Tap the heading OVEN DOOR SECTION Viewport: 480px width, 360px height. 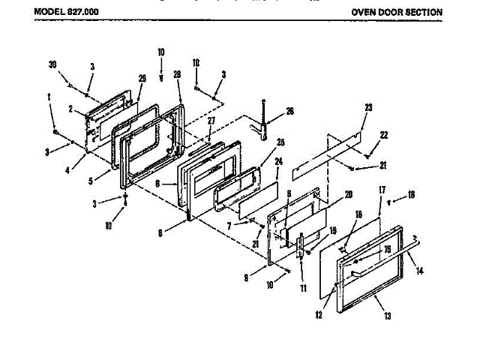(x=396, y=13)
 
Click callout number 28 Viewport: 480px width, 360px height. (x=178, y=75)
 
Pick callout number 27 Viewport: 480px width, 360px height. (x=211, y=121)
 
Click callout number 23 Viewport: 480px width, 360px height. (x=367, y=108)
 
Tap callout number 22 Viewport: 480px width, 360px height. (x=384, y=135)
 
